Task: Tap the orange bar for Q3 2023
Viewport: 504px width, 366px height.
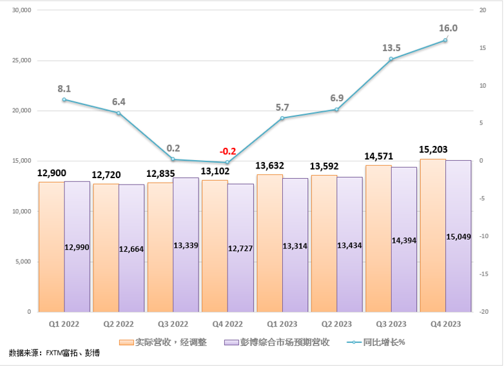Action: click(x=377, y=239)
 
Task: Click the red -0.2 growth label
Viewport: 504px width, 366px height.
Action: click(x=228, y=151)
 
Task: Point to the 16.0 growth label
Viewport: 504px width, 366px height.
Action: click(x=448, y=28)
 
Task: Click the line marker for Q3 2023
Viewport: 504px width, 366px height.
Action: click(x=391, y=59)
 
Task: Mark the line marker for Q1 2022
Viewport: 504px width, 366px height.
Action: click(x=64, y=99)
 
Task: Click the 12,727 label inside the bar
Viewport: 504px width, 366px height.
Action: click(x=240, y=248)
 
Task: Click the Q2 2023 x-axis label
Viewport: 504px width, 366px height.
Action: click(x=336, y=323)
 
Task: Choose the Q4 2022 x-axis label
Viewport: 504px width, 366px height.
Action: click(x=228, y=323)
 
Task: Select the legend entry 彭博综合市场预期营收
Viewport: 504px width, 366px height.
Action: click(x=277, y=342)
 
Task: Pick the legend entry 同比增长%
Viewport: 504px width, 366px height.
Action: click(x=378, y=342)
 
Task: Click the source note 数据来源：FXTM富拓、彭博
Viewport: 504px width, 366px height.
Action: click(x=52, y=354)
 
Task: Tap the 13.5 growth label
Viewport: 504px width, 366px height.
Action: click(x=392, y=48)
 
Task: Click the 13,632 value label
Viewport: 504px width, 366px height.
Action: click(x=269, y=166)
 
